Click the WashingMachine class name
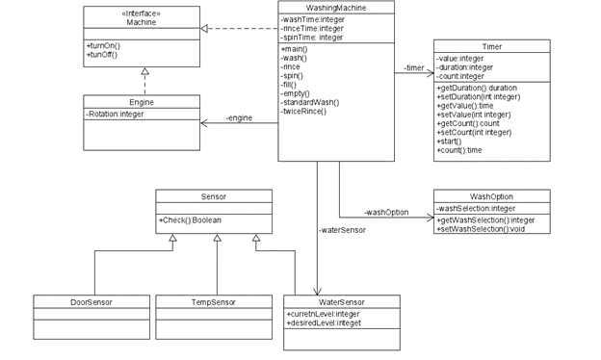(336, 8)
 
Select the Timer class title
(491, 46)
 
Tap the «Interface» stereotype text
(141, 13)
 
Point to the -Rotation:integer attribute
(115, 114)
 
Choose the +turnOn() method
(103, 45)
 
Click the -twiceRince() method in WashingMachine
(304, 112)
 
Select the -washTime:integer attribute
(312, 19)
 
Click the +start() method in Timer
(449, 141)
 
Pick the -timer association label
(414, 68)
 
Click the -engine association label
(239, 117)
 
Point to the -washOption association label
(386, 212)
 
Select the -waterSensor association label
(342, 230)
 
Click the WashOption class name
(491, 196)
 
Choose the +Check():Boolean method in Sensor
(191, 221)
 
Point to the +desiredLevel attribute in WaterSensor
(323, 323)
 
